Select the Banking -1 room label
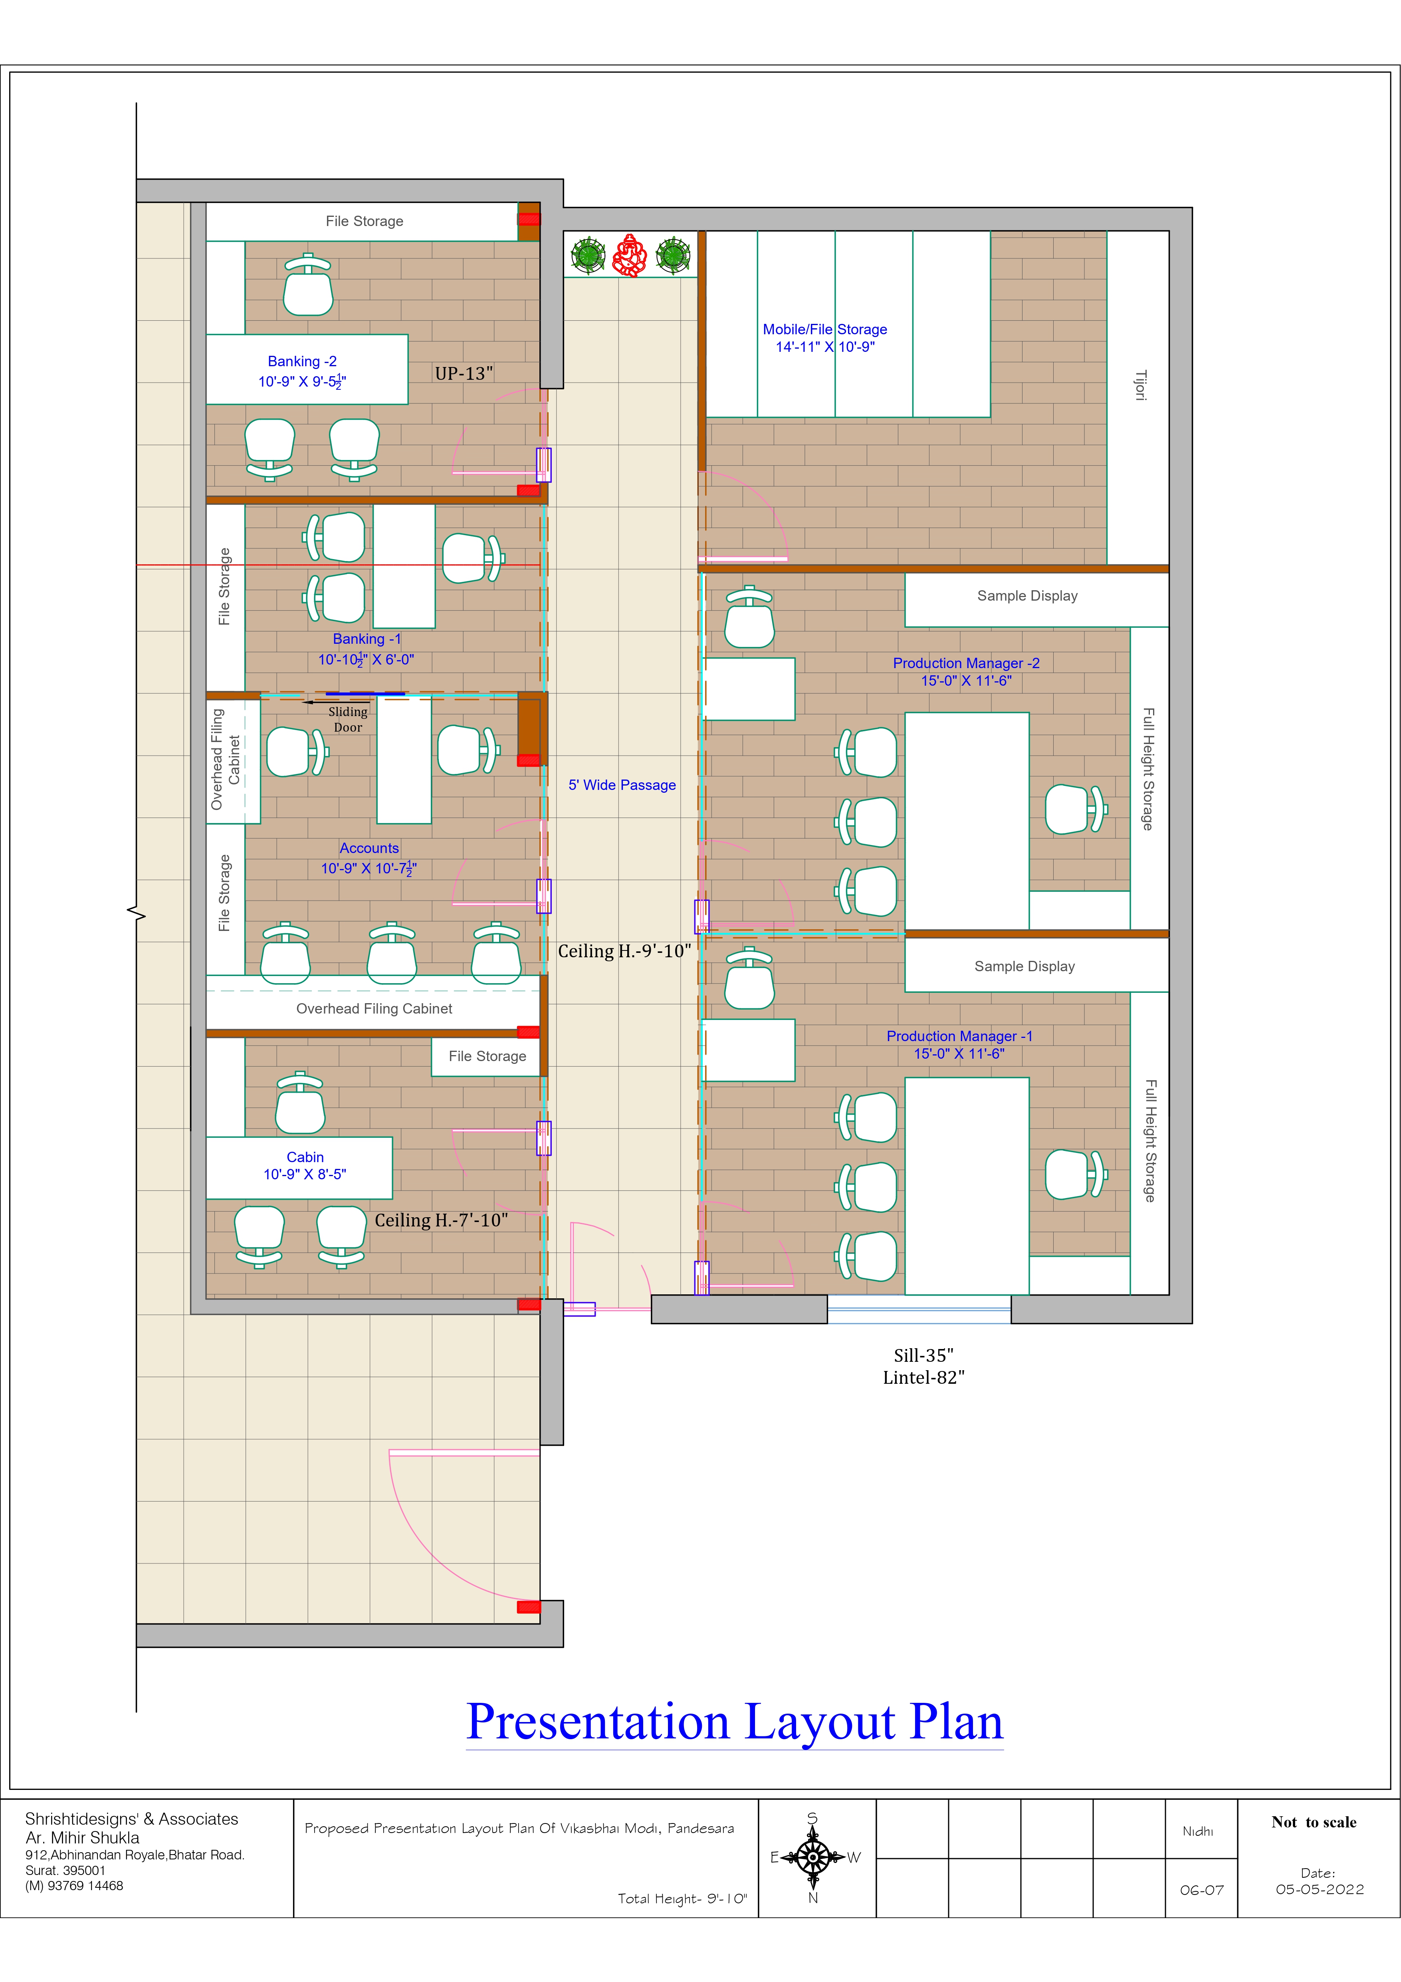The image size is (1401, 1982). (367, 639)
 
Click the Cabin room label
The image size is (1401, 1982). (305, 1157)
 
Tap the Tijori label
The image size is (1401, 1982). (1140, 385)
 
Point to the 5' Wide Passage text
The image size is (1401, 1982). (622, 785)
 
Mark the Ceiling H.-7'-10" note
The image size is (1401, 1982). (441, 1220)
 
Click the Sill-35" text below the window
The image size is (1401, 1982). (923, 1355)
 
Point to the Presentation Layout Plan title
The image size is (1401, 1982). (735, 1721)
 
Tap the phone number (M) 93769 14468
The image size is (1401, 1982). (74, 1885)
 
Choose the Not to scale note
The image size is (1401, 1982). (1314, 1822)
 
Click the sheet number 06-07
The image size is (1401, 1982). (1202, 1890)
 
